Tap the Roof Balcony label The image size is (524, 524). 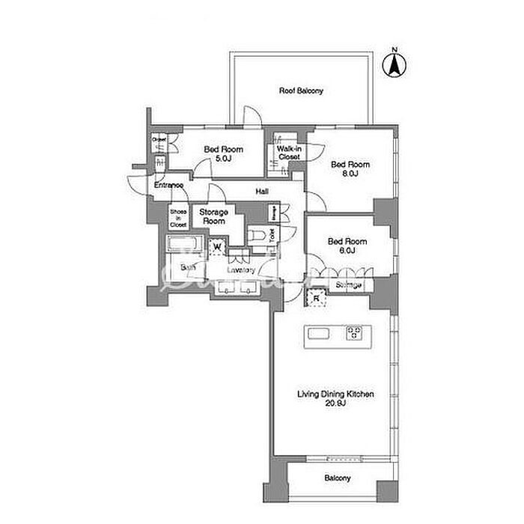click(x=301, y=91)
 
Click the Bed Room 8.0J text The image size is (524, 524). click(x=350, y=168)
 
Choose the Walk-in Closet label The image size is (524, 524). click(x=289, y=153)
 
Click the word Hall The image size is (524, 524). click(x=262, y=192)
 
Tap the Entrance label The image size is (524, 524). click(x=169, y=185)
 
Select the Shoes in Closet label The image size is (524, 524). click(x=178, y=217)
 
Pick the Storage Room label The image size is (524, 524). click(x=213, y=217)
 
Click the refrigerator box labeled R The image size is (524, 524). click(x=317, y=299)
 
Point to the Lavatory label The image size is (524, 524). click(x=241, y=270)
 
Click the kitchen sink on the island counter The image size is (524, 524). click(x=318, y=334)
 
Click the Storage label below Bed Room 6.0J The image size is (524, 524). click(x=348, y=286)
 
